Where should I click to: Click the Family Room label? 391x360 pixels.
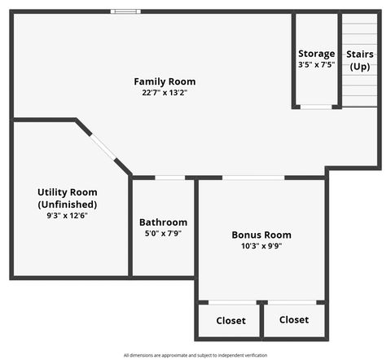pos(165,81)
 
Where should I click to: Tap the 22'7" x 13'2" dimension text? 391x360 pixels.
pos(165,93)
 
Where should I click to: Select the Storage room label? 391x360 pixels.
pos(316,54)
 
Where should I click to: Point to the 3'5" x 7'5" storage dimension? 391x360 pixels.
pos(316,64)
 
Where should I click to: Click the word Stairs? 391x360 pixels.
pos(360,54)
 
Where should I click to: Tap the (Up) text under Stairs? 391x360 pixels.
pos(360,66)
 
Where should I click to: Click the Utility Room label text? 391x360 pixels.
pos(67,192)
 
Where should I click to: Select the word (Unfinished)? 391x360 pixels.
pos(67,204)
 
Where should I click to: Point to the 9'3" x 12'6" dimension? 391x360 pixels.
pos(67,216)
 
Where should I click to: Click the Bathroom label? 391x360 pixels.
pos(163,222)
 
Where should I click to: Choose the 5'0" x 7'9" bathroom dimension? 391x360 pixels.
pos(163,234)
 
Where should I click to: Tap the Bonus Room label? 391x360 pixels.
pos(261,235)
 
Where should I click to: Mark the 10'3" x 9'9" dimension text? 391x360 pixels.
pos(261,246)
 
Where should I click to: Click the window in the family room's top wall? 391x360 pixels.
pos(125,11)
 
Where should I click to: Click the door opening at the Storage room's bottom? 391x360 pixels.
pos(316,107)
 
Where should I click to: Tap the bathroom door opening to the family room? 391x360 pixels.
pos(169,178)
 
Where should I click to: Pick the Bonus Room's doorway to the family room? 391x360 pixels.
pos(253,178)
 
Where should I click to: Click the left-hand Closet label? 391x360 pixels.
pos(231,321)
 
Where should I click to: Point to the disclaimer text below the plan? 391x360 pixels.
pos(195,355)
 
